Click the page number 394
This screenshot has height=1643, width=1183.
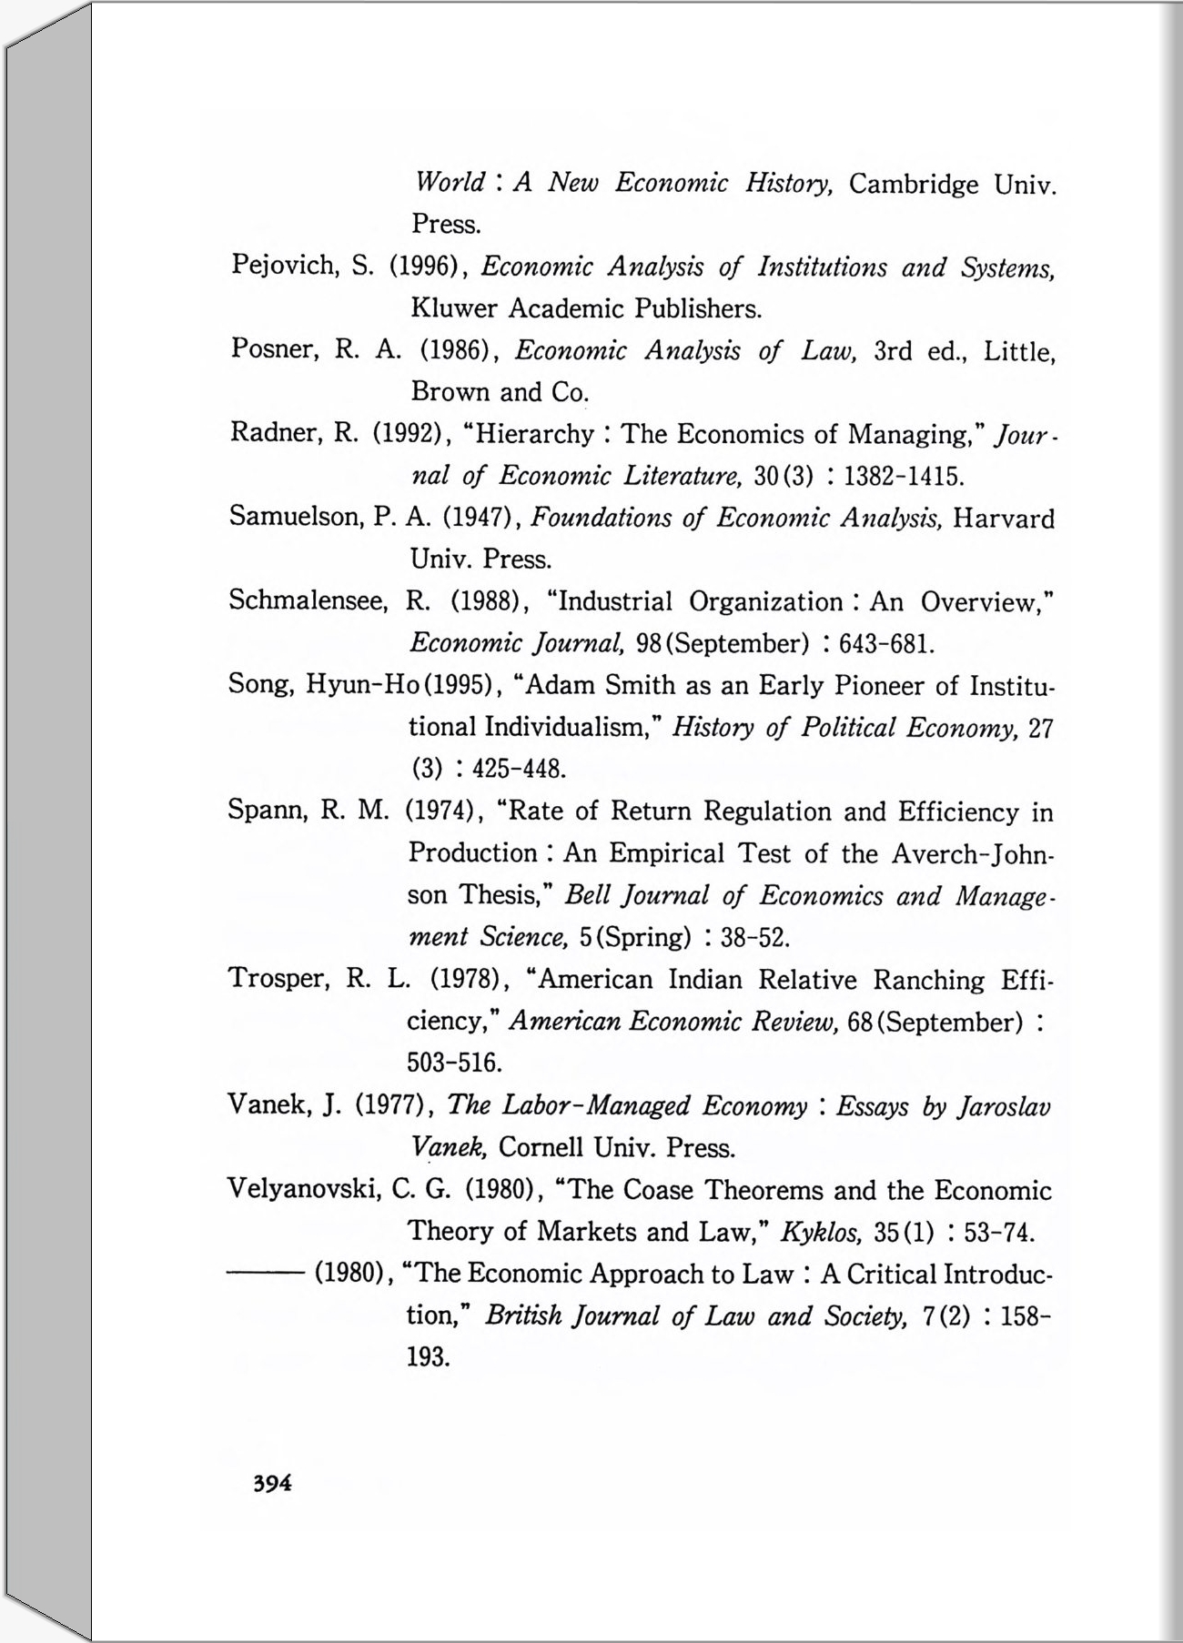(x=272, y=1483)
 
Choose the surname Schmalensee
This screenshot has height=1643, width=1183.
(x=308, y=600)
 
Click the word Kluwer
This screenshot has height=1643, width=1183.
(x=454, y=308)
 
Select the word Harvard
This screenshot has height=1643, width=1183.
(x=1004, y=519)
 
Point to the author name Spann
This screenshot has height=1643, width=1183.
(x=264, y=810)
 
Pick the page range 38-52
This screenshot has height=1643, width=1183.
(x=754, y=937)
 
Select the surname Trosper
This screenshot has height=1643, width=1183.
(x=278, y=979)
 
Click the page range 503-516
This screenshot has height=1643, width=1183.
(x=454, y=1063)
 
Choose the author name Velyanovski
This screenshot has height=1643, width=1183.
(x=303, y=1189)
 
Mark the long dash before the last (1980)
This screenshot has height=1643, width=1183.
(x=265, y=1274)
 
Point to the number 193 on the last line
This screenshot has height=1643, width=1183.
(x=429, y=1357)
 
